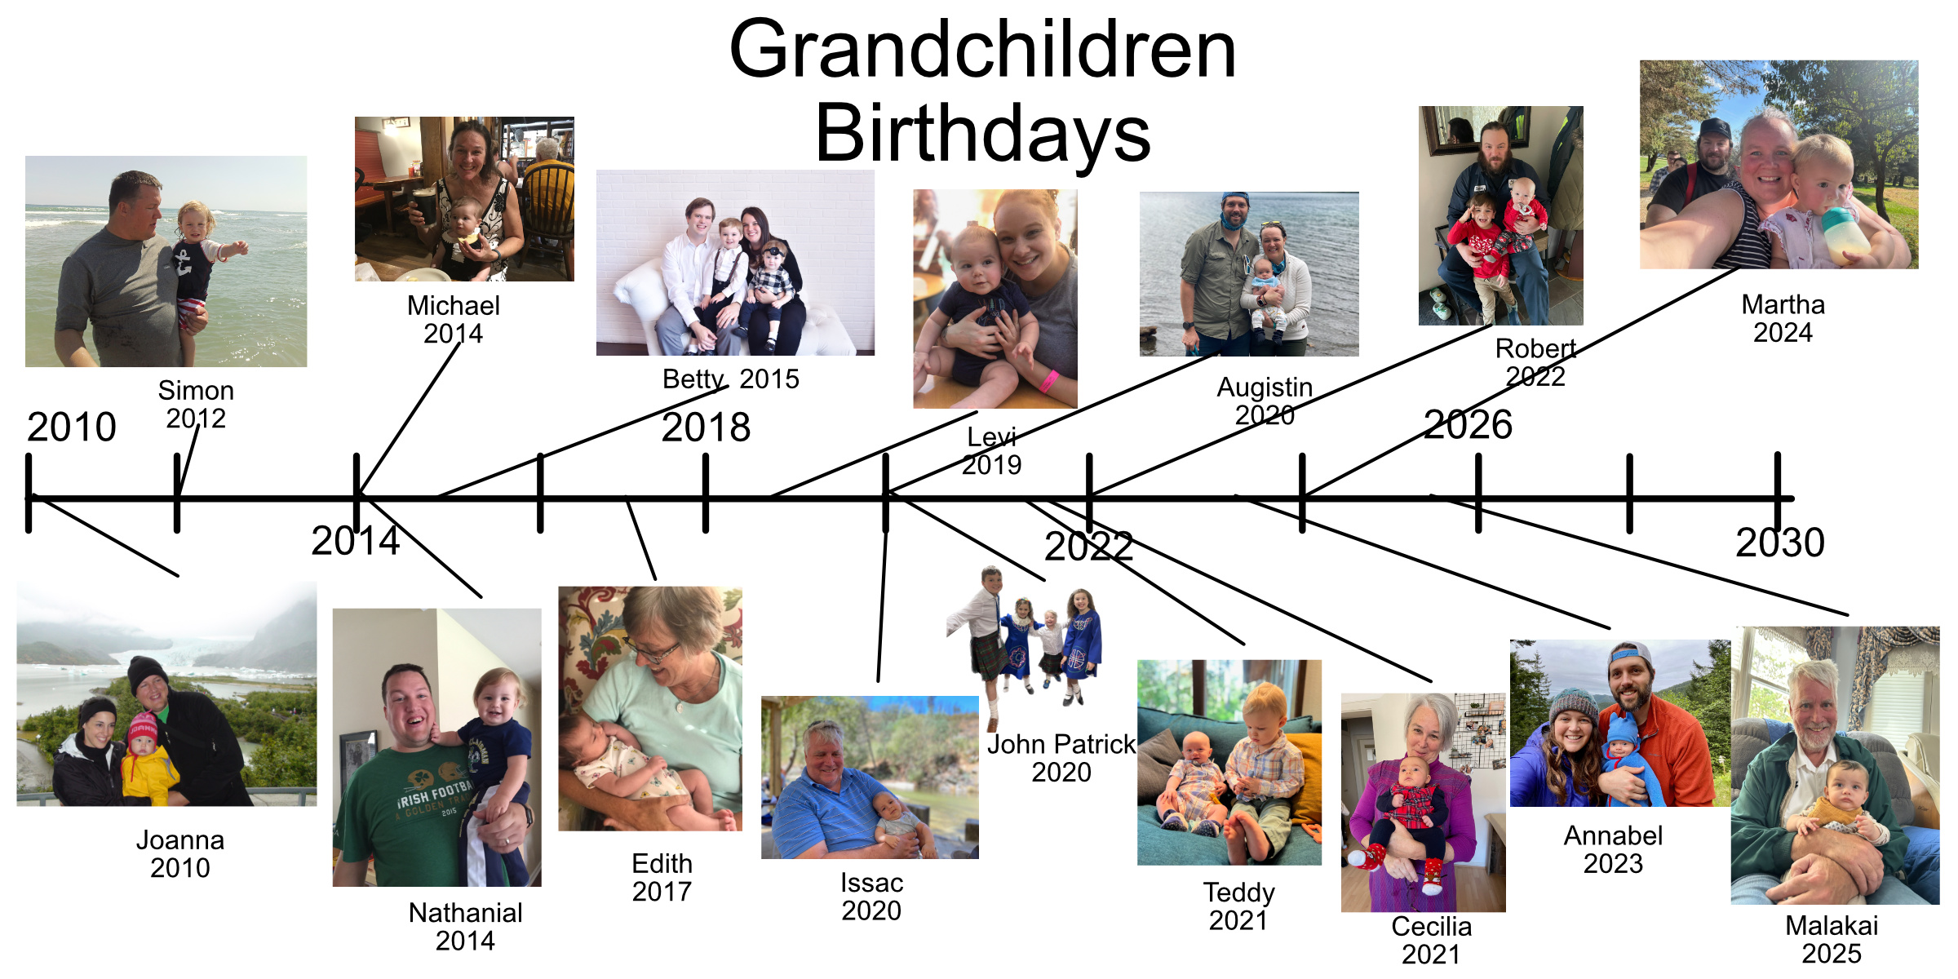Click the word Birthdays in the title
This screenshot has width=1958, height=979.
pos(983,133)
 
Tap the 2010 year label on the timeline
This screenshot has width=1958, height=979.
pos(72,427)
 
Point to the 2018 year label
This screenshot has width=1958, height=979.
pos(706,427)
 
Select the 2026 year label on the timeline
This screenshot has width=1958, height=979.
pos(1468,424)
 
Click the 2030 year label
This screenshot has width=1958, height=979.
pos(1780,542)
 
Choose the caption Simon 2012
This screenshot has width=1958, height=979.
pos(196,405)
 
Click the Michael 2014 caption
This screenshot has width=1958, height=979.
pos(454,320)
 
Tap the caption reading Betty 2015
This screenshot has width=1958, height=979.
pos(731,379)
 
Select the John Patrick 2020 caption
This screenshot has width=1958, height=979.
pos(1061,758)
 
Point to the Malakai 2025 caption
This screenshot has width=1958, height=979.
pos(1832,939)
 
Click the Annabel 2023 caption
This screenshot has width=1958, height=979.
pos(1613,849)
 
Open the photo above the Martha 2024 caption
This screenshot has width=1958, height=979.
pos(1779,165)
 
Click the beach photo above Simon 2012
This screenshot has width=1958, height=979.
pos(166,261)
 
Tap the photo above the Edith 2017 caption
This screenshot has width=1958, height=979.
pos(650,709)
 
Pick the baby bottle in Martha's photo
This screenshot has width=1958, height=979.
pos(1845,234)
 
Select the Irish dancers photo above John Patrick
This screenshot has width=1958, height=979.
pos(1024,649)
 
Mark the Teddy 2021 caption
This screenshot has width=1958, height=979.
pos(1238,906)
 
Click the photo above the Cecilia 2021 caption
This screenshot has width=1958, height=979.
pos(1424,803)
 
